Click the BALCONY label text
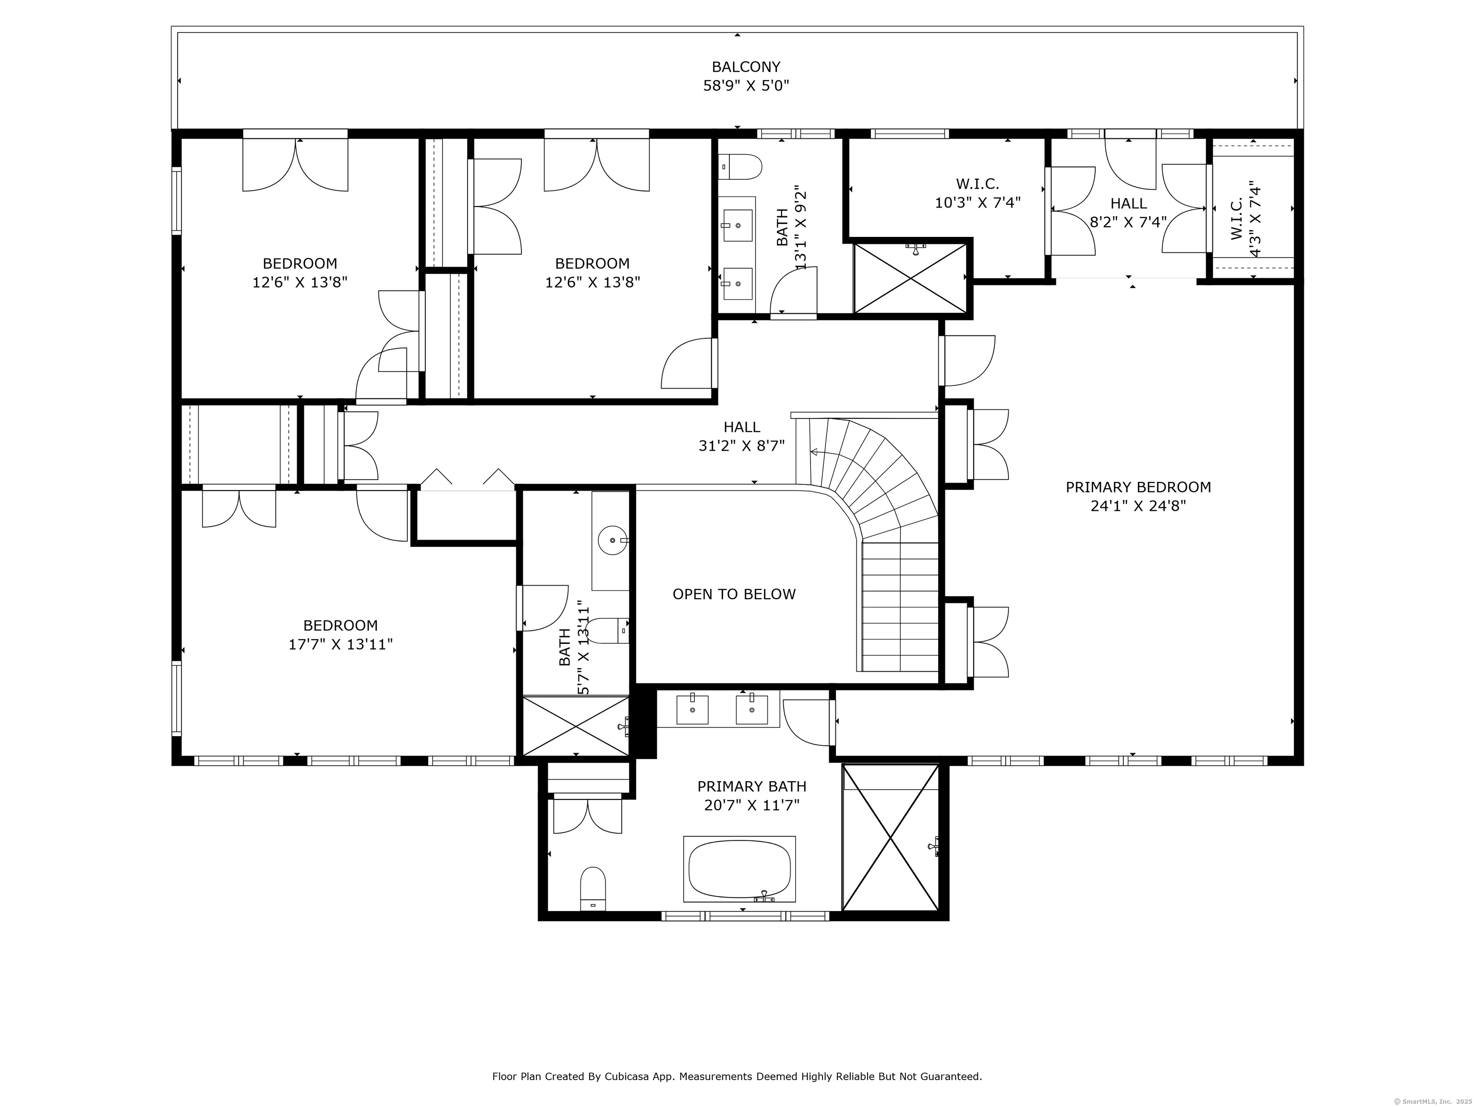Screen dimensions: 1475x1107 pos(746,67)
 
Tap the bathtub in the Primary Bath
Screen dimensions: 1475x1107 pos(739,869)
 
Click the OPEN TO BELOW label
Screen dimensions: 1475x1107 pos(734,594)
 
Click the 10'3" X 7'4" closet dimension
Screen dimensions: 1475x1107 pos(978,202)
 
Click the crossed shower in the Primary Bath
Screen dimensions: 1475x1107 pos(891,837)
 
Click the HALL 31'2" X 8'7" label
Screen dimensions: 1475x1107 pos(741,436)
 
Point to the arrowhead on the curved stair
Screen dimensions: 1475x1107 pos(814,453)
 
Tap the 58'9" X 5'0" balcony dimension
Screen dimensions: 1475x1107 pos(746,86)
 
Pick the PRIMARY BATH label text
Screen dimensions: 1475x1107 pos(751,787)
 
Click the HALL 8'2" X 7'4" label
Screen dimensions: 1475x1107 pos(1128,212)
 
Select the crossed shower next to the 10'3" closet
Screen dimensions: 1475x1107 pos(910,278)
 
